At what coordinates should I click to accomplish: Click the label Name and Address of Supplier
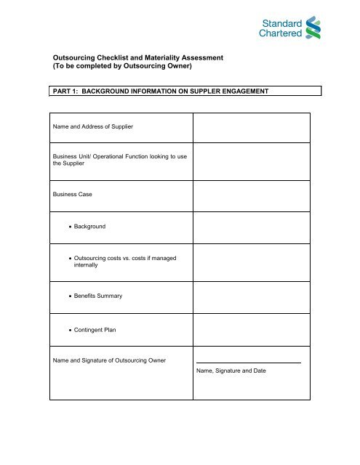[x=94, y=128]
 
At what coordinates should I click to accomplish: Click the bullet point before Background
[x=68, y=227]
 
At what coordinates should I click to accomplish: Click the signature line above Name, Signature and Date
[x=248, y=362]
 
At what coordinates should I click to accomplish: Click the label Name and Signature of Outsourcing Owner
[x=112, y=361]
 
